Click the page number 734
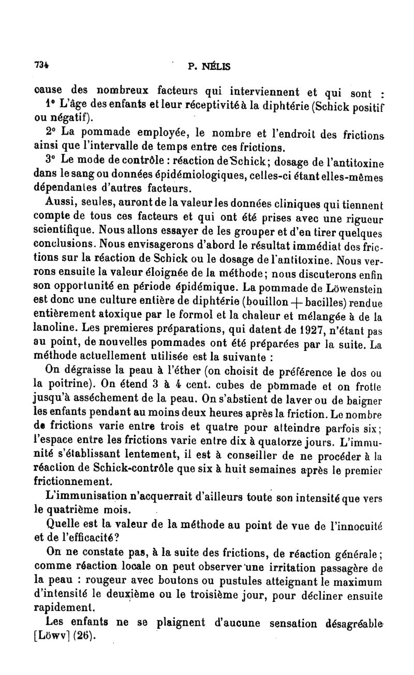[x=41, y=65]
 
